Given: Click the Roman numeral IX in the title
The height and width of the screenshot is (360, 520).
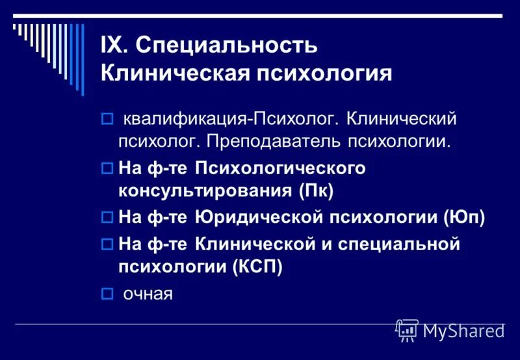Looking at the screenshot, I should tap(114, 45).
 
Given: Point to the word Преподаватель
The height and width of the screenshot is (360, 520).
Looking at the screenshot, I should tap(286, 140).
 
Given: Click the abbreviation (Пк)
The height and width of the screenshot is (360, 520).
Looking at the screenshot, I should tap(317, 191).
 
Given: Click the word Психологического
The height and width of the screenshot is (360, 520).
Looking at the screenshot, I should tap(279, 168).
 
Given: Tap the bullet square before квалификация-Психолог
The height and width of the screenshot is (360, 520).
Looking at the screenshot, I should tap(108, 120).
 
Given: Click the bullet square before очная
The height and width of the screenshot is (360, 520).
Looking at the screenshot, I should tap(108, 294).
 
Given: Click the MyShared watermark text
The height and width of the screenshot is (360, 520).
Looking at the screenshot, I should tap(463, 331).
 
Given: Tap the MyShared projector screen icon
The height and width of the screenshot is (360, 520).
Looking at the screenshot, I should tap(406, 330).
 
